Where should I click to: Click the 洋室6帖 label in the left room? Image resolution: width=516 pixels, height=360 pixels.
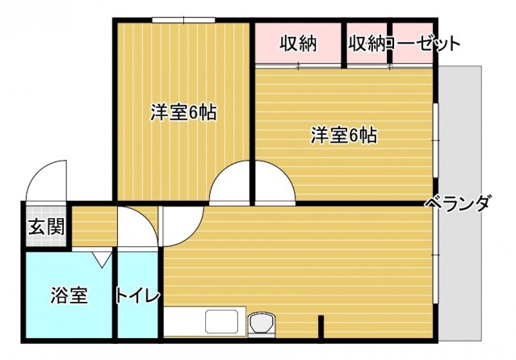click(x=182, y=113)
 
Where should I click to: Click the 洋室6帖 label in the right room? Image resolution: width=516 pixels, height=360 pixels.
click(x=344, y=136)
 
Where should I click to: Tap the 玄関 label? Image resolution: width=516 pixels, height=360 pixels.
click(x=46, y=227)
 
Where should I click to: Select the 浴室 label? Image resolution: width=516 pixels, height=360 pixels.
click(x=69, y=295)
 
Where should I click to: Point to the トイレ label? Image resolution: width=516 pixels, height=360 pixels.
click(x=138, y=295)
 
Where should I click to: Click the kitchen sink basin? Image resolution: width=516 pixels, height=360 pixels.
click(x=220, y=322)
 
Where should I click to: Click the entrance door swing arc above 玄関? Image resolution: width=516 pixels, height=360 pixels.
click(x=47, y=179)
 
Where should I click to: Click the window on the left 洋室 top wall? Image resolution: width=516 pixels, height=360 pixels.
click(x=182, y=19)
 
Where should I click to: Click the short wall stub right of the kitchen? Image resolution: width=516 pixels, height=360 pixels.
click(x=321, y=326)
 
